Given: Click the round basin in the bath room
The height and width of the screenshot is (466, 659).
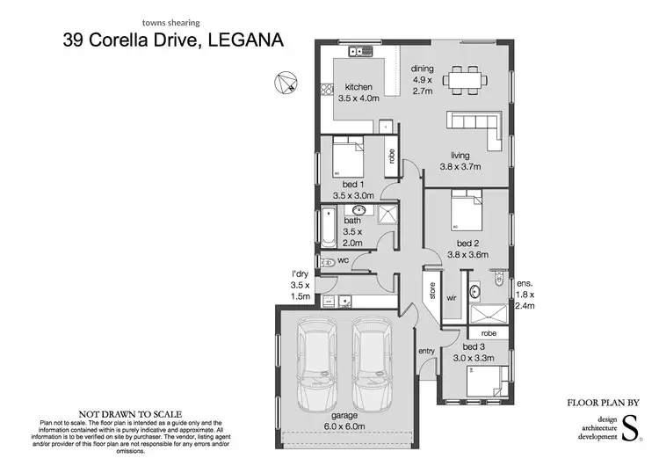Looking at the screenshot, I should (358, 211).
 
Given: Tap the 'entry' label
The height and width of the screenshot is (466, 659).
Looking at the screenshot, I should (427, 351).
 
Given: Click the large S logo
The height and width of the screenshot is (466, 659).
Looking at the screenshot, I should (629, 432).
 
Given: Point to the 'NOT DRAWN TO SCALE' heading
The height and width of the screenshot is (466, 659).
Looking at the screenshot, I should (130, 412).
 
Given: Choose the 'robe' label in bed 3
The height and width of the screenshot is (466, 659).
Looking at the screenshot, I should (489, 333).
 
